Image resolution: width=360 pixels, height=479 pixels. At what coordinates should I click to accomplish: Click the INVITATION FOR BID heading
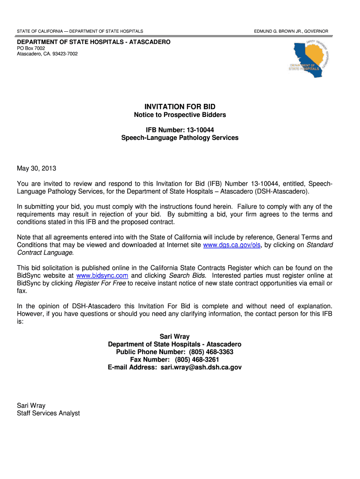[180, 107]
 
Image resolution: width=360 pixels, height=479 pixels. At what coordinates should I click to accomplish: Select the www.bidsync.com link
[102, 276]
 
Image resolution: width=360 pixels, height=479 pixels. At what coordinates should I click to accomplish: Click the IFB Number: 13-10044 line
[180, 130]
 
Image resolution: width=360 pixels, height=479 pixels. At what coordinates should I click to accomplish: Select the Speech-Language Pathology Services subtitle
[180, 138]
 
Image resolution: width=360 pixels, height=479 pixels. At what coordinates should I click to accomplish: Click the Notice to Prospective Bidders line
[180, 115]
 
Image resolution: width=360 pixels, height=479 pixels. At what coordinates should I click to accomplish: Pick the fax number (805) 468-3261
[197, 360]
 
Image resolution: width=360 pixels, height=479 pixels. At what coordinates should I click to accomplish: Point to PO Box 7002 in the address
[31, 48]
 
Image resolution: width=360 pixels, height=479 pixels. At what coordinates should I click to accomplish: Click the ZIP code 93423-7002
[63, 54]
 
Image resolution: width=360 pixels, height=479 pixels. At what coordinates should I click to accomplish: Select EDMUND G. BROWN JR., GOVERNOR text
[291, 31]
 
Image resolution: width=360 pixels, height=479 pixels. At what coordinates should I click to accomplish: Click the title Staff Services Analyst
[48, 413]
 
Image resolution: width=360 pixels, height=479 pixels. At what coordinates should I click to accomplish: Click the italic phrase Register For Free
[101, 283]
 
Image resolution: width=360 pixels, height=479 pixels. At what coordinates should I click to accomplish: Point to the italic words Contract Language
[45, 253]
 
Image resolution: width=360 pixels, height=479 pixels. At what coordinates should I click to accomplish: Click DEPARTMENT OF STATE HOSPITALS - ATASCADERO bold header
[94, 42]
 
